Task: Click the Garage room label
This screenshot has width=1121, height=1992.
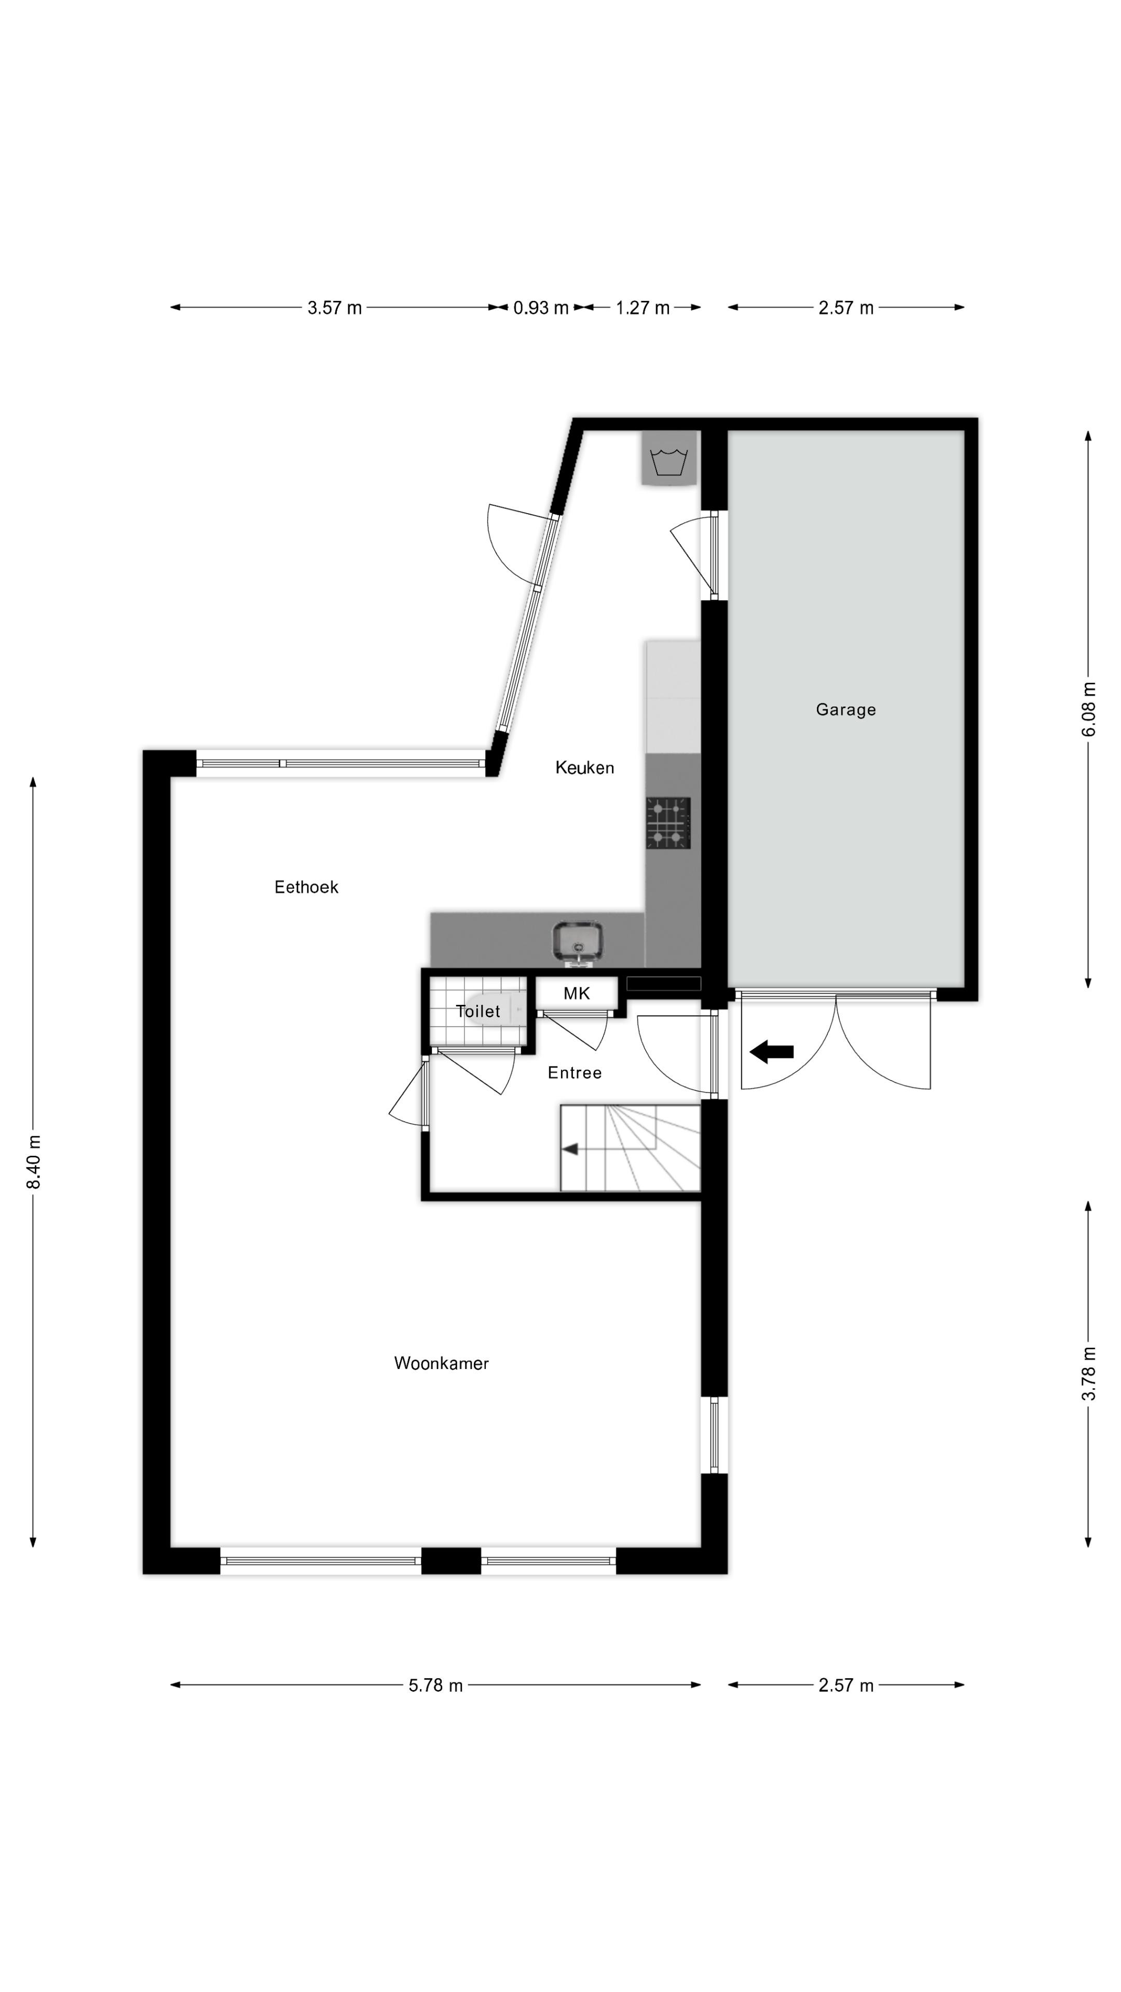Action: [x=845, y=710]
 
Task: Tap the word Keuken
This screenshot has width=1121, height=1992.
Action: [x=584, y=768]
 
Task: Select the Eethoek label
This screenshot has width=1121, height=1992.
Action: [x=306, y=887]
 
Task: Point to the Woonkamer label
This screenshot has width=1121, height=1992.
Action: [x=441, y=1363]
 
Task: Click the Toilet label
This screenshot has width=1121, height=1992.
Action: [x=478, y=1011]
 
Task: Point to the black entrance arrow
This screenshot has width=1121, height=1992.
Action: [x=771, y=1052]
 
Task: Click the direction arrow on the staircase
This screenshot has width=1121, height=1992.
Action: [x=570, y=1149]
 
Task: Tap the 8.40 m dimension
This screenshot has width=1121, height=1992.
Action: [x=33, y=1162]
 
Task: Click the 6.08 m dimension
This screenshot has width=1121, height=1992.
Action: [x=1088, y=709]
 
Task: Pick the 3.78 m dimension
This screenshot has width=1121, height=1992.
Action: [x=1088, y=1373]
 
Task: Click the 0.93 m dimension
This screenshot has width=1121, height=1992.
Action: [x=541, y=308]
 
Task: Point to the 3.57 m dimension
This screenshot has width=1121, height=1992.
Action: [x=334, y=308]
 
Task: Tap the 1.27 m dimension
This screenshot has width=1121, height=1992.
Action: [x=642, y=308]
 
